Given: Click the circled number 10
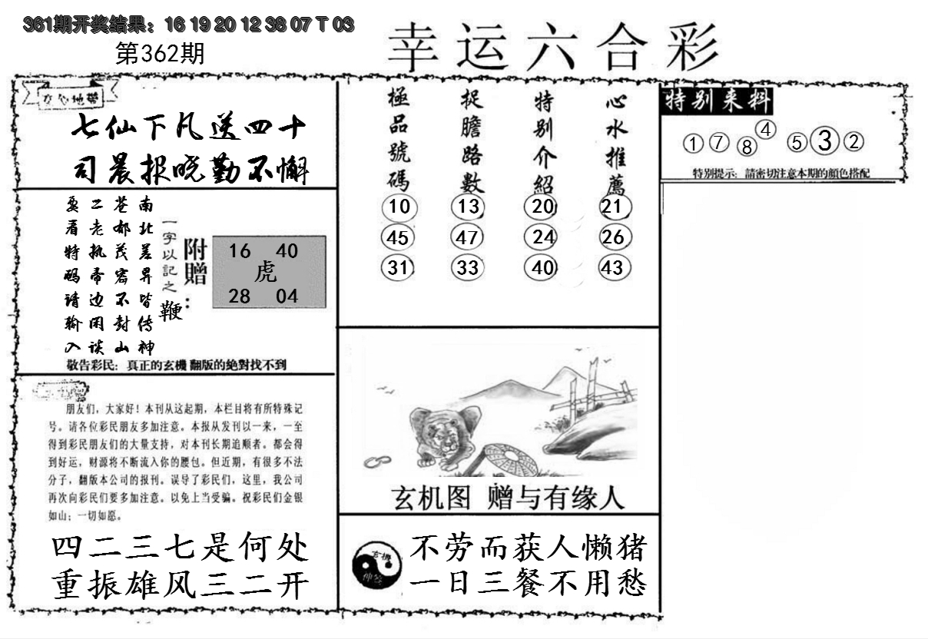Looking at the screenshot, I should [x=399, y=207].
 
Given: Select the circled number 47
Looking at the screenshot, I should [x=467, y=237].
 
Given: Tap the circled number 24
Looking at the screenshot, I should [x=543, y=237].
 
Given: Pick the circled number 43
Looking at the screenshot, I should [x=613, y=268].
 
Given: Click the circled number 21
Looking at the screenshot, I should [x=613, y=207].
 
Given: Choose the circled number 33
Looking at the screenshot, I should [x=467, y=268].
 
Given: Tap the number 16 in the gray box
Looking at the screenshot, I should [x=240, y=250].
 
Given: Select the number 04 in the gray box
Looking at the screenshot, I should [x=287, y=296].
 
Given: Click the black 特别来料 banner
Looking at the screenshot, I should [x=716, y=101].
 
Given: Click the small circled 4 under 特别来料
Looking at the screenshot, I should [x=768, y=129].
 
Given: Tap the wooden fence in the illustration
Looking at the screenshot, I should [x=595, y=392].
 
